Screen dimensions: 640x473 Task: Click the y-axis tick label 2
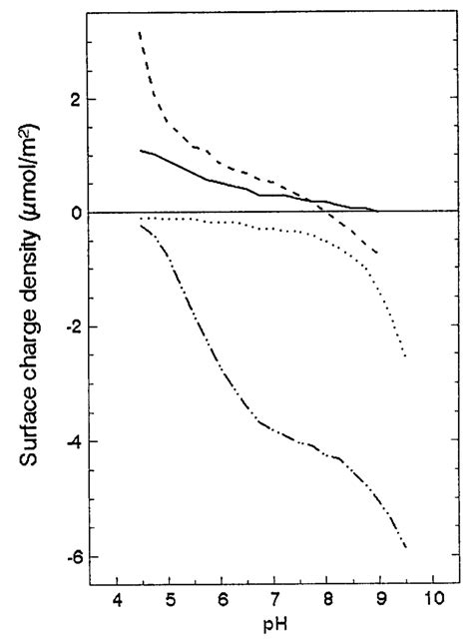(75, 99)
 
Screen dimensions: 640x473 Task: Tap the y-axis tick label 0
(75, 213)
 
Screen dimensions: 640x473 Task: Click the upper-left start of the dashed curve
(140, 33)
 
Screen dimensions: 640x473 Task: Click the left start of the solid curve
(141, 151)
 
